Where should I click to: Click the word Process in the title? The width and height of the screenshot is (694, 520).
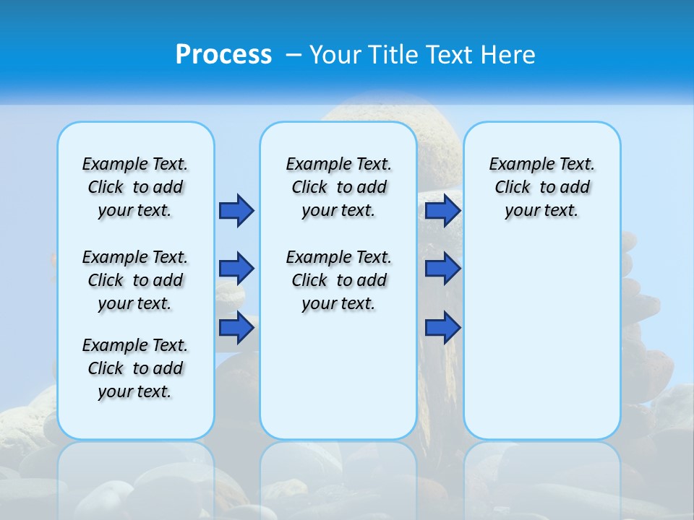click(223, 54)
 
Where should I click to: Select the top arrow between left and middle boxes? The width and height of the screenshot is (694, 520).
click(236, 210)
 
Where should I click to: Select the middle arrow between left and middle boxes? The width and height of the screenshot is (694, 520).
click(236, 269)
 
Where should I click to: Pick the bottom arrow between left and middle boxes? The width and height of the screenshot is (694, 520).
click(236, 327)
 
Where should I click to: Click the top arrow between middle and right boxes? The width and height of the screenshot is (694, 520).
click(442, 210)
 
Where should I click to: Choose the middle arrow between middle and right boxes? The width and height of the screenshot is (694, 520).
click(442, 269)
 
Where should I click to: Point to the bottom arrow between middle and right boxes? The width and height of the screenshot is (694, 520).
click(442, 327)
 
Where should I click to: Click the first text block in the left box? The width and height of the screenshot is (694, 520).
click(135, 187)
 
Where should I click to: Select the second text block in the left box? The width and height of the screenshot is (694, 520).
click(135, 280)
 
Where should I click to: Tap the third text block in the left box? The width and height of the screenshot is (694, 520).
click(135, 368)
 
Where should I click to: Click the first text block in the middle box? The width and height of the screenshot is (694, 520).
click(338, 187)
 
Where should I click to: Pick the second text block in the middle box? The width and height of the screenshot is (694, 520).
click(338, 280)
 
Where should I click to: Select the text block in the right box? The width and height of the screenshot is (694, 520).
click(542, 187)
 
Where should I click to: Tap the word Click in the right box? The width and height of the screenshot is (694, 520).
click(513, 188)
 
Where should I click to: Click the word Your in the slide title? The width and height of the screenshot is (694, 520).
click(335, 55)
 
